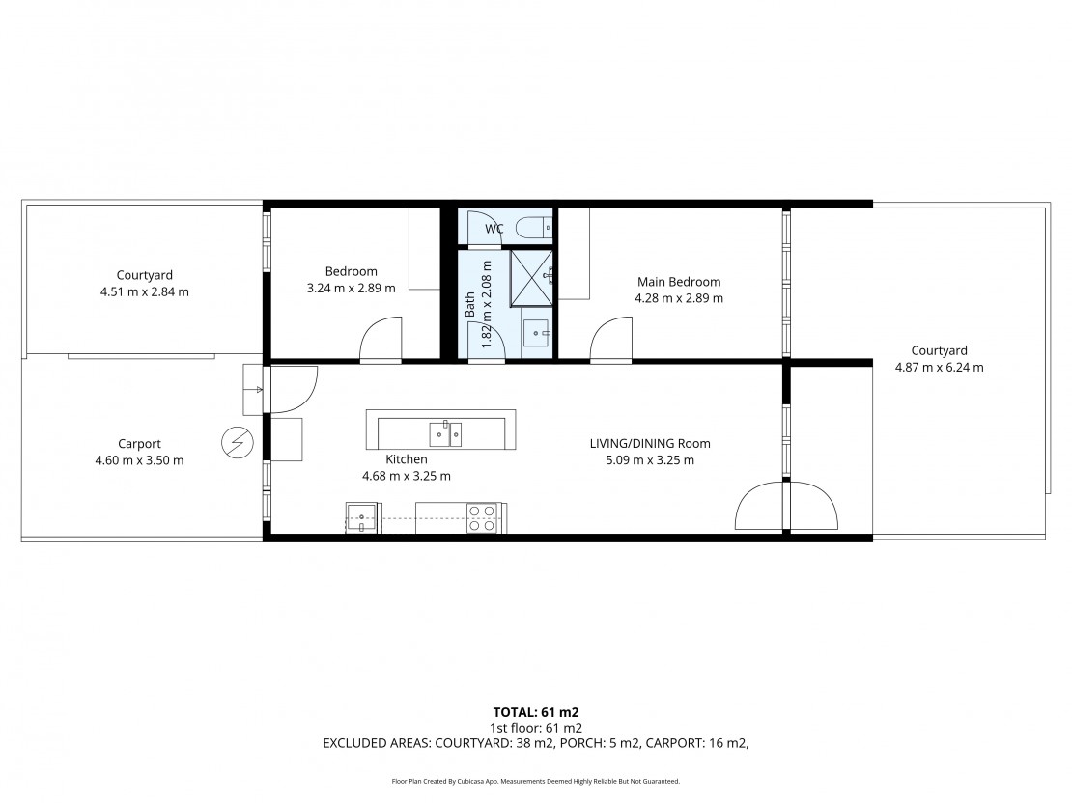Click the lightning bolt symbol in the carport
pos(238,444)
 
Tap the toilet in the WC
pos(534,227)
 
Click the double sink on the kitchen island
pos(445,434)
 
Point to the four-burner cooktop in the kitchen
pos(481,518)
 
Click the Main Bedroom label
pos(679,282)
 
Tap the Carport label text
pos(139,444)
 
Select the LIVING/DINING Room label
pos(650,444)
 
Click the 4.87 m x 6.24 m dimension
pos(940,367)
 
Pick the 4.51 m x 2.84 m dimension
pos(145,291)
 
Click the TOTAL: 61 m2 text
pos(536,713)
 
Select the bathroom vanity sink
pos(535,334)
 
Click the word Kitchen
pos(406,460)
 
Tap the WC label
pos(494,229)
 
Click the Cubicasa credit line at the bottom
pos(536,781)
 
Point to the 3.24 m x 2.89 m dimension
pos(352,289)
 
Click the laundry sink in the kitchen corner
pos(361,517)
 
